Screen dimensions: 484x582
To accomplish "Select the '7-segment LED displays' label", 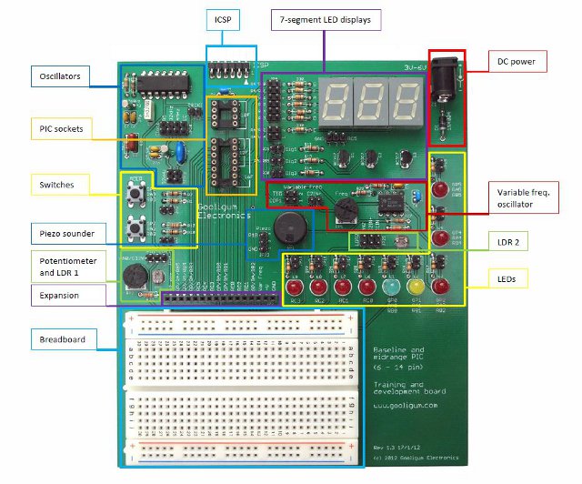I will click(x=326, y=19).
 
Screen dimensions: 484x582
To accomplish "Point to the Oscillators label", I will click(x=60, y=76).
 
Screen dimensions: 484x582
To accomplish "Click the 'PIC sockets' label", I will click(x=61, y=129).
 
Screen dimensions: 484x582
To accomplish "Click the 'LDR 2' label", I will click(x=515, y=245).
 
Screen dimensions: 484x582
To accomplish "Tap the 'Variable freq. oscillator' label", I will click(x=528, y=199).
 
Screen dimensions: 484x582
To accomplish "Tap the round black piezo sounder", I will click(x=291, y=226).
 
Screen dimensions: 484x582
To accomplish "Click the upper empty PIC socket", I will click(x=226, y=114).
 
